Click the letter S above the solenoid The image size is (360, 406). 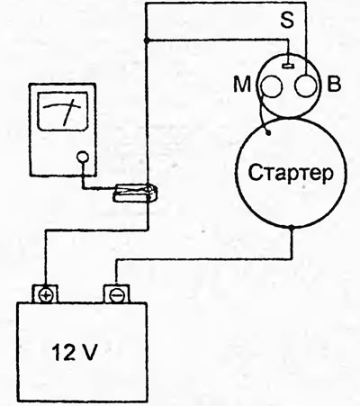(x=287, y=20)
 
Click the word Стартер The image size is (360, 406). (x=291, y=173)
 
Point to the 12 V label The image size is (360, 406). (x=75, y=352)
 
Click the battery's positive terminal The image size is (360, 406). (x=45, y=294)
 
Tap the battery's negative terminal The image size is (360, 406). (x=116, y=294)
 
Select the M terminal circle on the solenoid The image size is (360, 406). (x=272, y=86)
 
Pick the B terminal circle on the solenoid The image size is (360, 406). (x=306, y=86)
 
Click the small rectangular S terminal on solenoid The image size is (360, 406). (x=289, y=65)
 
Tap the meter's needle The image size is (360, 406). (x=68, y=113)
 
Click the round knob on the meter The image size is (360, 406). (x=83, y=157)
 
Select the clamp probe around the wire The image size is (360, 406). (x=135, y=194)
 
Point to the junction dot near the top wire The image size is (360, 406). (x=146, y=40)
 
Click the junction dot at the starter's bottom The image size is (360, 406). (x=292, y=228)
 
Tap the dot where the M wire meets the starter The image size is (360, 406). (x=268, y=132)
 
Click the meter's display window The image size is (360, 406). (x=63, y=111)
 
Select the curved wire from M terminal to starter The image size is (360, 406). (x=262, y=111)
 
